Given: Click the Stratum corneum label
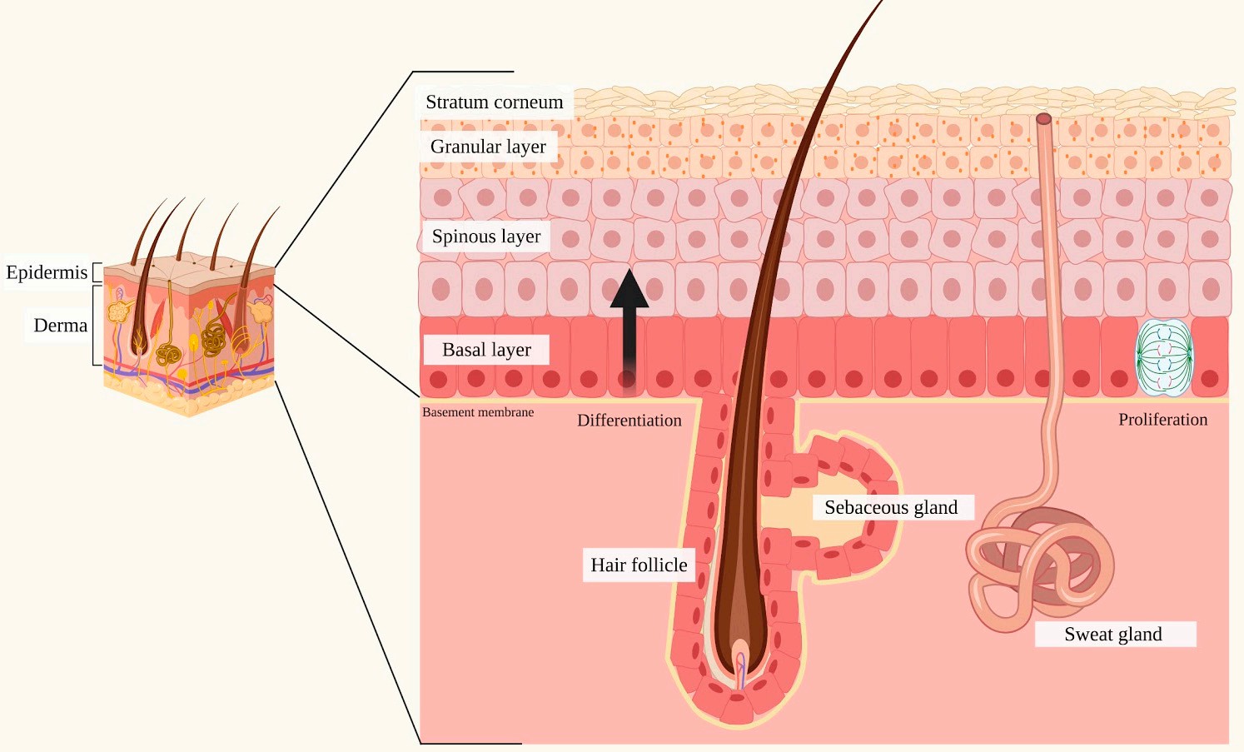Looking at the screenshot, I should pyautogui.click(x=494, y=102).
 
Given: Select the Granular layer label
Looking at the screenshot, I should pyautogui.click(x=488, y=147).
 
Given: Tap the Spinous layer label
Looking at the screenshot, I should pyautogui.click(x=485, y=237).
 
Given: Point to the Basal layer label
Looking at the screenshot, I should pyautogui.click(x=486, y=350).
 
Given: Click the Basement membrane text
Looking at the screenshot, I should pyautogui.click(x=478, y=412).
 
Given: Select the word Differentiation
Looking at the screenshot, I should pyautogui.click(x=629, y=421).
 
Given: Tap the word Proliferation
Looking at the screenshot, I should pyautogui.click(x=1162, y=420).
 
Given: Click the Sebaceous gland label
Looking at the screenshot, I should pyautogui.click(x=891, y=507).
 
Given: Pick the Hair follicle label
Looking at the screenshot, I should pyautogui.click(x=639, y=565).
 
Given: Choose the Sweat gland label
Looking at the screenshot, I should pyautogui.click(x=1113, y=635).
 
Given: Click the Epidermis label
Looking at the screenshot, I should pyautogui.click(x=47, y=272).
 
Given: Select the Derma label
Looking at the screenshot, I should pyautogui.click(x=60, y=325).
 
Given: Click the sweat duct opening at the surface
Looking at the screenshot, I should pyautogui.click(x=1043, y=119).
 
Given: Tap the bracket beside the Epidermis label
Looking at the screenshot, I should pyautogui.click(x=97, y=272).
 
